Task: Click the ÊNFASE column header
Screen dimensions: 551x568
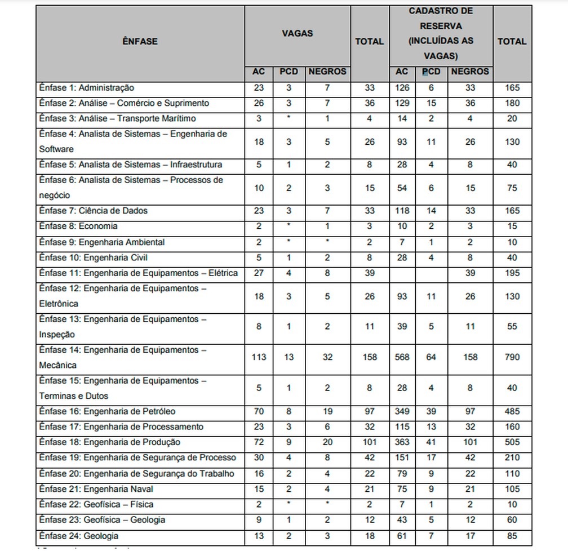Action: pos(140,41)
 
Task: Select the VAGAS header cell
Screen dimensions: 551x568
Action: pos(297,33)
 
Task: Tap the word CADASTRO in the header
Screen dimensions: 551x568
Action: pos(433,11)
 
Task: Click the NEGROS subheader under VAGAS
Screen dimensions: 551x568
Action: pos(327,72)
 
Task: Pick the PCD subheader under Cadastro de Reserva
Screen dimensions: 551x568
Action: pos(431,72)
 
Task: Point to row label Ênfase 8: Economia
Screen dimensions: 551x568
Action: pos(78,226)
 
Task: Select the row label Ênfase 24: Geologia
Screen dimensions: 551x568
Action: pos(79,535)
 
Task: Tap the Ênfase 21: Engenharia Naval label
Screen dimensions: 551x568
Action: pos(96,488)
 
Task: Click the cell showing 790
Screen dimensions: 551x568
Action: pos(512,357)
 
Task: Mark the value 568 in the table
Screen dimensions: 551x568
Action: pos(402,357)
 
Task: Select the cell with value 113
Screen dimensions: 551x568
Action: pos(259,357)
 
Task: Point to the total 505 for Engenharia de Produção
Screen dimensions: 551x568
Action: pos(512,442)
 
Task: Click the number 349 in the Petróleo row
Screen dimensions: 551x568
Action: pos(402,411)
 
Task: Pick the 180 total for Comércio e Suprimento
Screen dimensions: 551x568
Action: pos(512,103)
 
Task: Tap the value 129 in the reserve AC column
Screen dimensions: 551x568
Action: pos(402,103)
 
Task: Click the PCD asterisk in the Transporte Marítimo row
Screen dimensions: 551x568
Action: pos(289,119)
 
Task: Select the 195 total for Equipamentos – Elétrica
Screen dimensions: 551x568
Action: pos(512,273)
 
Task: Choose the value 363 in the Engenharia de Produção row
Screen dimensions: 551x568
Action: pos(402,442)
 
